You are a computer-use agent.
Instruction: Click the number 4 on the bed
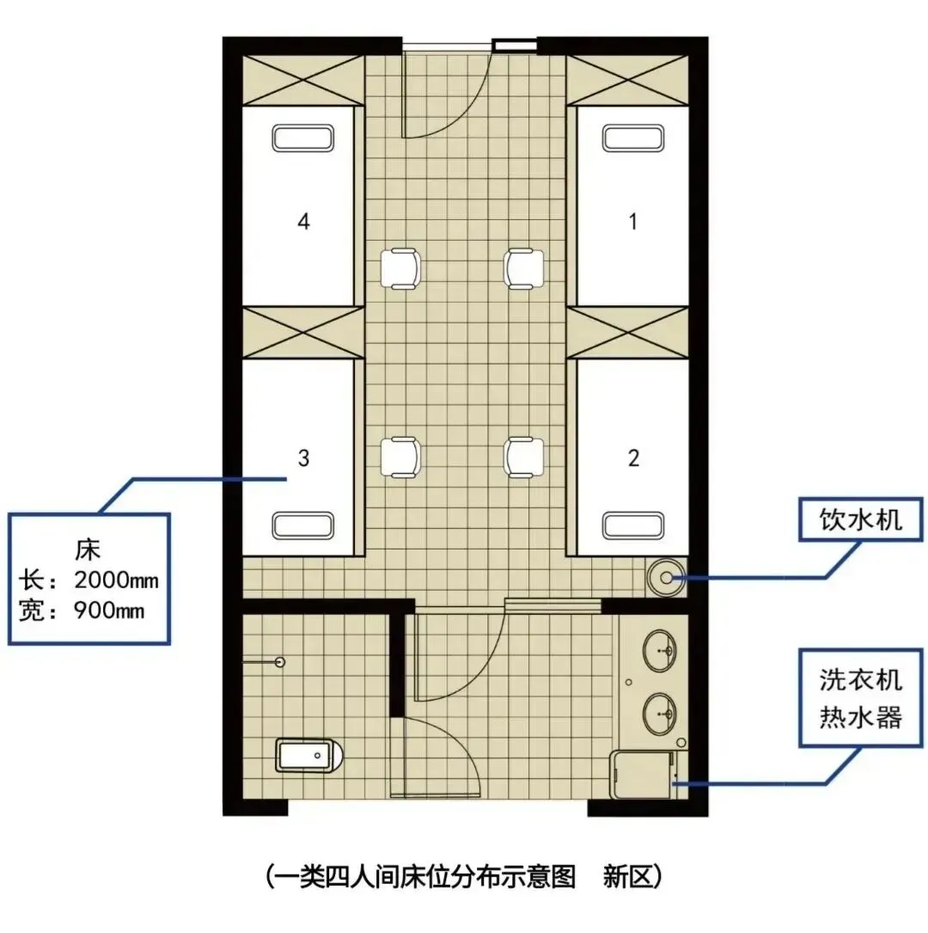(x=303, y=222)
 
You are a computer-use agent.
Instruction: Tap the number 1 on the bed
(x=633, y=222)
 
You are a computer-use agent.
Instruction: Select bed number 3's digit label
(x=303, y=458)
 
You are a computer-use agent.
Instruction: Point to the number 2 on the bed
(x=634, y=458)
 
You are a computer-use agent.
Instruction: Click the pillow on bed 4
(x=302, y=138)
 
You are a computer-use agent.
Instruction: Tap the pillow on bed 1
(x=632, y=138)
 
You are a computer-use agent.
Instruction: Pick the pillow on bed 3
(x=302, y=525)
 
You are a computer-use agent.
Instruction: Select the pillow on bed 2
(x=632, y=525)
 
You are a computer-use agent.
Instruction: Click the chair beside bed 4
(x=400, y=268)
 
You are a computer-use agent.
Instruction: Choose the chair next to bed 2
(x=523, y=457)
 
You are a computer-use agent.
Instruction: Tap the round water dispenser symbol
(x=667, y=577)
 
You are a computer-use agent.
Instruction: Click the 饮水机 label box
(x=860, y=519)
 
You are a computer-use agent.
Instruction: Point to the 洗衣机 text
(x=860, y=679)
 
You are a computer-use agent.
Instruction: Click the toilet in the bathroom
(x=309, y=755)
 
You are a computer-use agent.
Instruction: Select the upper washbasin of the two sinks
(x=659, y=651)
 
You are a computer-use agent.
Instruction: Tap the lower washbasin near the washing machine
(x=659, y=713)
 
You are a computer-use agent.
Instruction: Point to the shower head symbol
(x=280, y=662)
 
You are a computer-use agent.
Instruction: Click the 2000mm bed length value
(x=117, y=580)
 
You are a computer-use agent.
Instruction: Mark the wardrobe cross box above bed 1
(x=627, y=81)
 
